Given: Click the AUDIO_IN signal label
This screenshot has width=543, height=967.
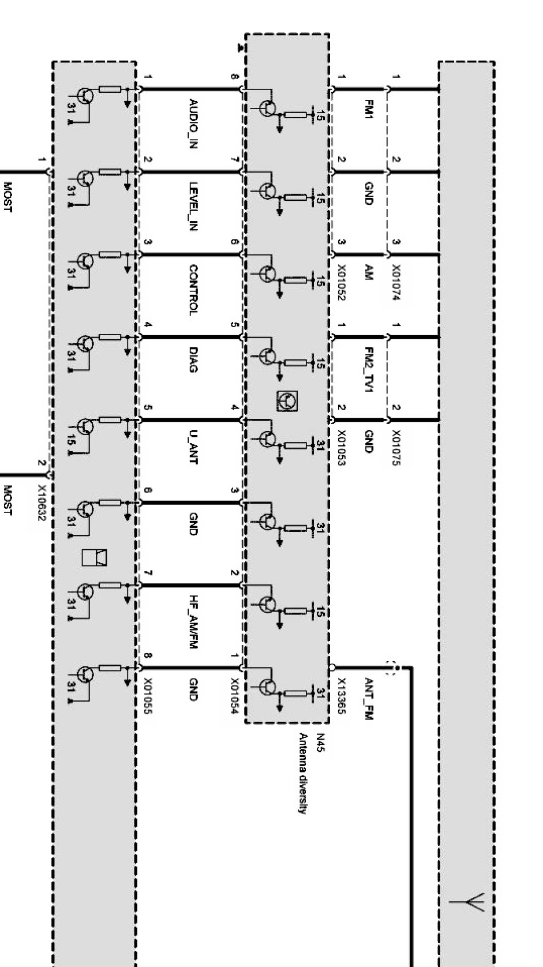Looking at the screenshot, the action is (194, 124).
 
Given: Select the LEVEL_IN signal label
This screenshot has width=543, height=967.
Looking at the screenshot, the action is (194, 207).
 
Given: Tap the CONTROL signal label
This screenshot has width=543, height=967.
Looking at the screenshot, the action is (194, 290).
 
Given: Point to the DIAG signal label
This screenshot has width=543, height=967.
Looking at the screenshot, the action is (194, 359).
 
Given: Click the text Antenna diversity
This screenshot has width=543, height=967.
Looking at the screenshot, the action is (301, 773).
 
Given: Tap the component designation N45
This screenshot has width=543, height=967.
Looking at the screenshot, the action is (320, 742).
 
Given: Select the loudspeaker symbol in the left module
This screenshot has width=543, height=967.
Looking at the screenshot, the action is (94, 557).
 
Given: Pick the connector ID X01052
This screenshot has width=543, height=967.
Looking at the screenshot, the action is (341, 283).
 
